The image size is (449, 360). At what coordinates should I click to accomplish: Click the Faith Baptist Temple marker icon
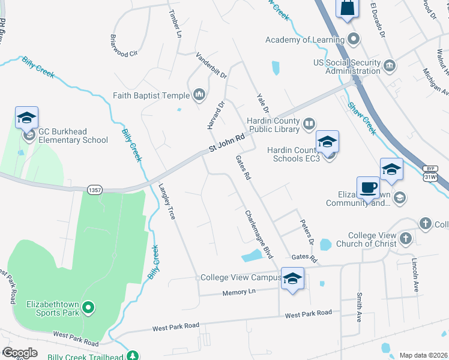tap(199, 95)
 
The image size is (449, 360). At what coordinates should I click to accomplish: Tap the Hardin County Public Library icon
tap(309, 124)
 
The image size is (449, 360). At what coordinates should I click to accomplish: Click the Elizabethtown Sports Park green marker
tap(88, 309)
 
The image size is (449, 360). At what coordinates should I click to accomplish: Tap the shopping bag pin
tap(348, 8)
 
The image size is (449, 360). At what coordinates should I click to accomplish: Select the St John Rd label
tap(227, 142)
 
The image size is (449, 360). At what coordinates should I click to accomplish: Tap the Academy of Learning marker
tap(354, 40)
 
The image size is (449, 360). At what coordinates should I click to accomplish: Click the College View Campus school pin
tap(292, 279)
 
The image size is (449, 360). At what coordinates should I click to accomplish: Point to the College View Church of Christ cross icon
tap(406, 239)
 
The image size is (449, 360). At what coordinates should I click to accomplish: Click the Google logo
tap(20, 352)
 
